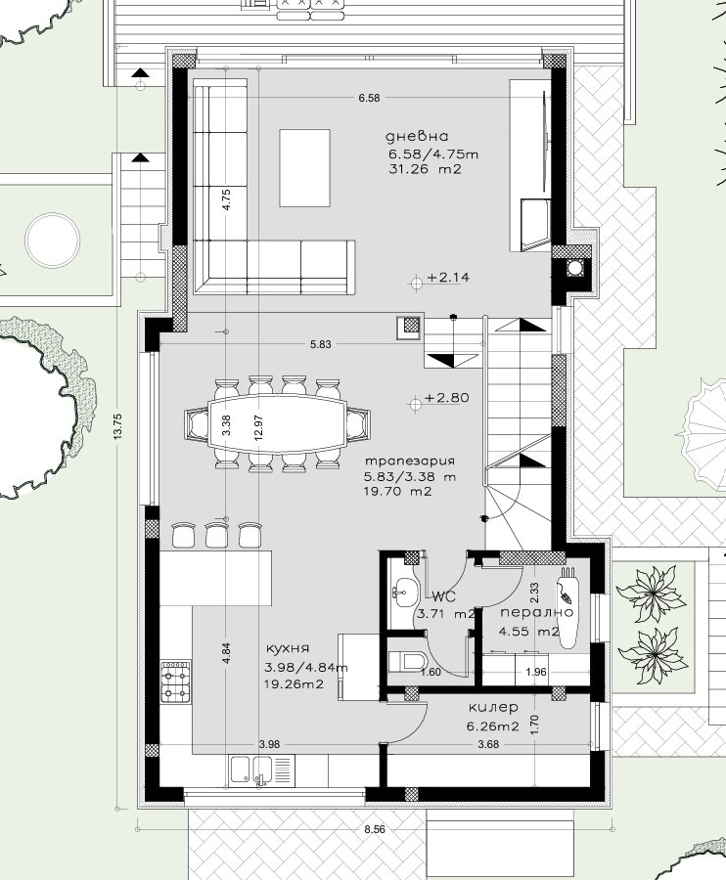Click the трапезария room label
point(410,460)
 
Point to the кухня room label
point(288,648)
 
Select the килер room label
point(493,707)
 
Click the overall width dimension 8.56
point(375,829)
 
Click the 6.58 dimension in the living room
point(369,98)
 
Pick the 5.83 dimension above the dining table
point(320,344)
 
